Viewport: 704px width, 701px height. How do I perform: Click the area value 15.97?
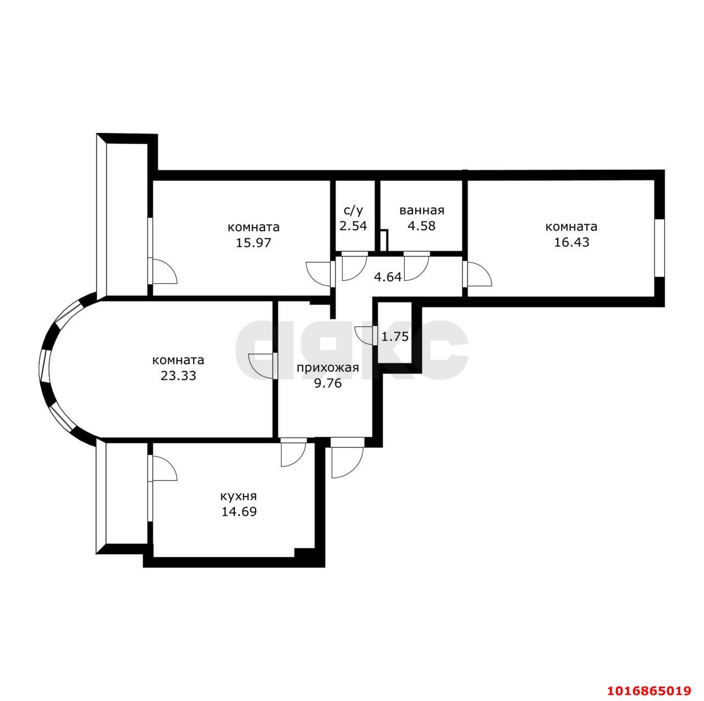tap(253, 242)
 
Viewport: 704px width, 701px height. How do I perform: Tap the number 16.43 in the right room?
tap(571, 242)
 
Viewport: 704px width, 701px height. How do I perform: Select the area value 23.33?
tap(178, 376)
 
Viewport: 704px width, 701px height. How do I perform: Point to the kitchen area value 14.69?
tap(239, 511)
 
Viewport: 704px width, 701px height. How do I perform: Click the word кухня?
tap(238, 496)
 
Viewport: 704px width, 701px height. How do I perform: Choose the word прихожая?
tap(328, 367)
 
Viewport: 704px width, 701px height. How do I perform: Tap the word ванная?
tap(422, 211)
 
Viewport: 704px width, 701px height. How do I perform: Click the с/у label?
tap(353, 211)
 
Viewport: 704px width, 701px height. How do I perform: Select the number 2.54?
tap(353, 226)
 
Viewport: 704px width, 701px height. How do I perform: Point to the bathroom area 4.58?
tap(422, 226)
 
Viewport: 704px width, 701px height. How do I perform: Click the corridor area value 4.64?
tap(388, 277)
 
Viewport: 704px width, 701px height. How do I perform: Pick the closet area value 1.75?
tap(395, 336)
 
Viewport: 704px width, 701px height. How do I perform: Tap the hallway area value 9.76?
tap(328, 383)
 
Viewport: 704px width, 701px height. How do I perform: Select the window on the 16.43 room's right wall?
tap(659, 248)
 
